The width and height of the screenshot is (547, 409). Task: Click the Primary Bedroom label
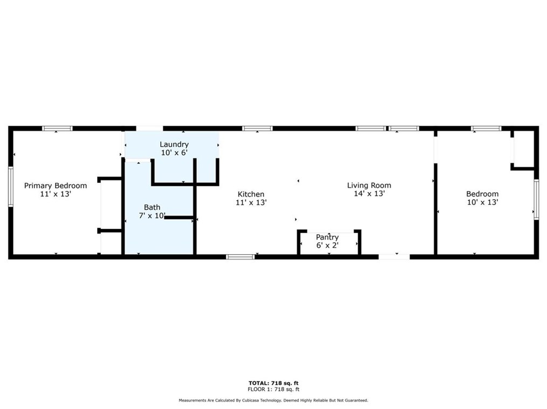55,186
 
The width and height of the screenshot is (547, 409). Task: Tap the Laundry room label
174,144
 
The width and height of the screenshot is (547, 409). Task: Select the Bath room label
152,207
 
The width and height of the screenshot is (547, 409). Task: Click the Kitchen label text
251,194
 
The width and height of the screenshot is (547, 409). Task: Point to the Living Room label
369,186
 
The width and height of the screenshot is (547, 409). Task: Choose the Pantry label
327,237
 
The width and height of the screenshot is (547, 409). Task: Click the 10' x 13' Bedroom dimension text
482,202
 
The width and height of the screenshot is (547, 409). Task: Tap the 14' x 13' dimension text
369,194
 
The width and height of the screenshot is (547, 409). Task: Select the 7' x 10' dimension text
152,216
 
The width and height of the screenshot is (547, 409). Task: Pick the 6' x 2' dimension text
327,245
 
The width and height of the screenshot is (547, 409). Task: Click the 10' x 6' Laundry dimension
174,153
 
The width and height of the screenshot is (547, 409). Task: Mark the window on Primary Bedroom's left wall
10,186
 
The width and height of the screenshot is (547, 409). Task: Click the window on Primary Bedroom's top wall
57,128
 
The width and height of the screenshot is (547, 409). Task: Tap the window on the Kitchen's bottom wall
240,257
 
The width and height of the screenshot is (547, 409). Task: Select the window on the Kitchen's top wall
257,128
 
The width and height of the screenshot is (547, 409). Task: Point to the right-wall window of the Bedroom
536,199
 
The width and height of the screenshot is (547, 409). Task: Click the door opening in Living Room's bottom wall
394,257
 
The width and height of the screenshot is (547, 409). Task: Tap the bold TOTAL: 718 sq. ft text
273,383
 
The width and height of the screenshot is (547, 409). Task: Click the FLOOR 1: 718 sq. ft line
273,389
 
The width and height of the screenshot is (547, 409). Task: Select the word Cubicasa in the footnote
254,400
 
